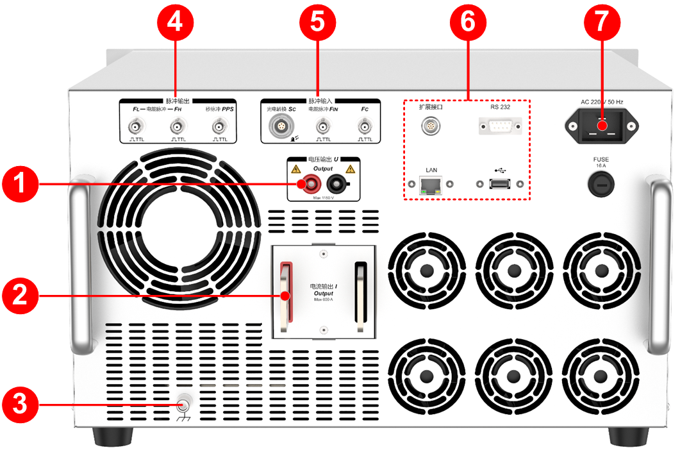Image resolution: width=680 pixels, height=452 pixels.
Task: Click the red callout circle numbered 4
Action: click(175, 23)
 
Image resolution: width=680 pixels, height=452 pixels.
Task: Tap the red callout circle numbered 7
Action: click(602, 23)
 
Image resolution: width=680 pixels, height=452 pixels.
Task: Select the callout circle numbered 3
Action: click(21, 405)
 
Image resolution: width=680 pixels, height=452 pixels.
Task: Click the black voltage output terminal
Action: click(335, 186)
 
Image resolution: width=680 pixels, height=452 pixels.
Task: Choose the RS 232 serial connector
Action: click(499, 126)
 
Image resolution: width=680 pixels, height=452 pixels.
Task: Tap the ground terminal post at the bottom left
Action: click(183, 405)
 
